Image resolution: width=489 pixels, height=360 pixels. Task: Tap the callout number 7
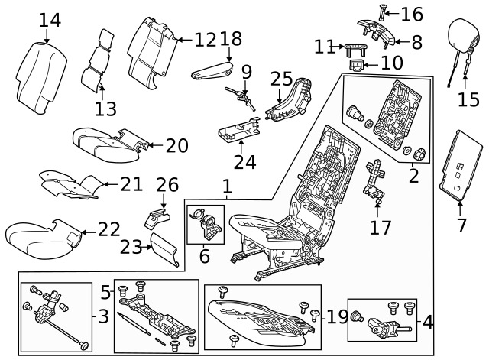pyautogui.click(x=461, y=225)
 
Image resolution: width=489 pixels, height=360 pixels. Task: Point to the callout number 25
pyautogui.click(x=282, y=79)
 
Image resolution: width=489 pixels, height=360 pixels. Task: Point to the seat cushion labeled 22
pyautogui.click(x=38, y=238)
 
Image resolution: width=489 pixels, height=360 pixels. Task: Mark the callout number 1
pyautogui.click(x=226, y=185)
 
